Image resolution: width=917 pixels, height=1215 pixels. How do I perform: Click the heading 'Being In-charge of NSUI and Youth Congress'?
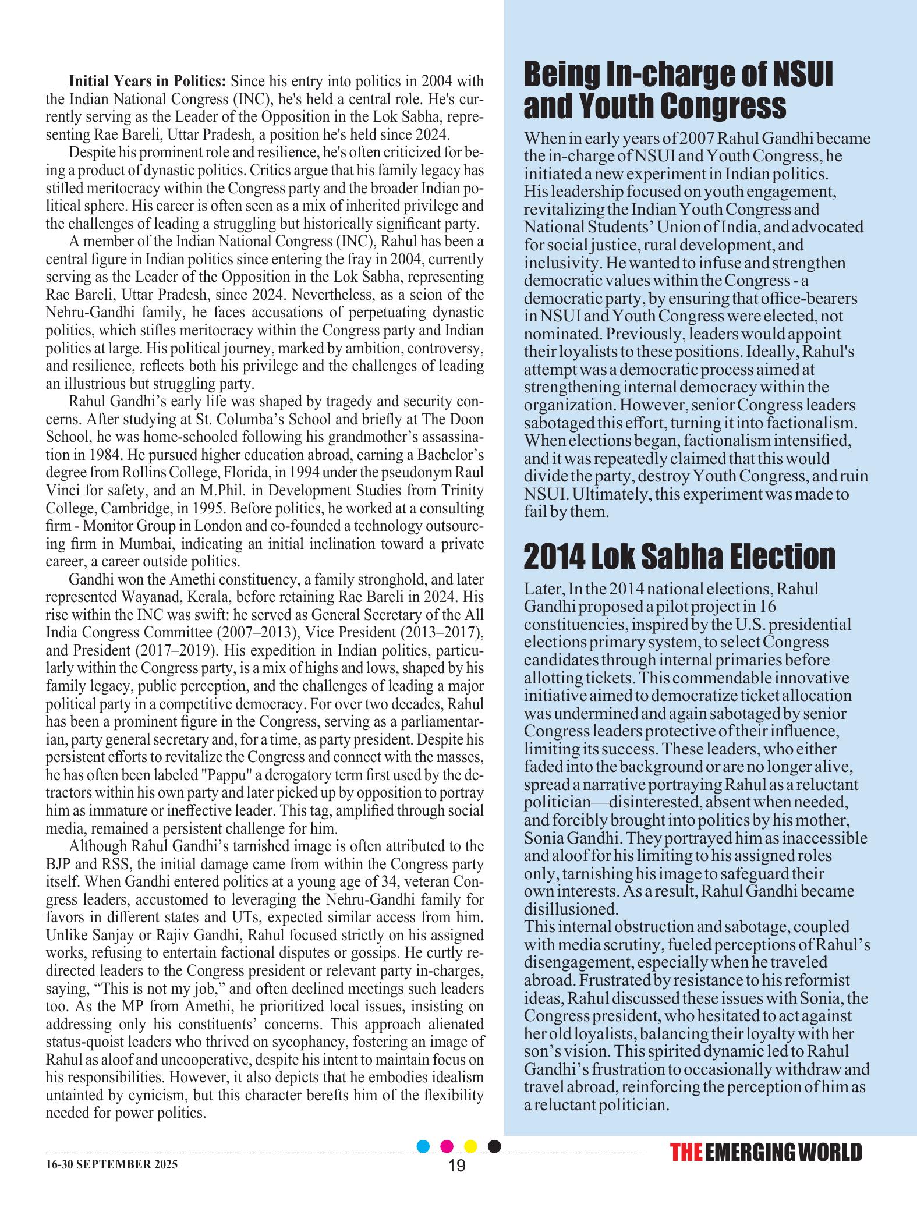(678, 90)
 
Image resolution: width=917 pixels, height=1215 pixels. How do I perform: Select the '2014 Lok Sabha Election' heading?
(679, 557)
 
